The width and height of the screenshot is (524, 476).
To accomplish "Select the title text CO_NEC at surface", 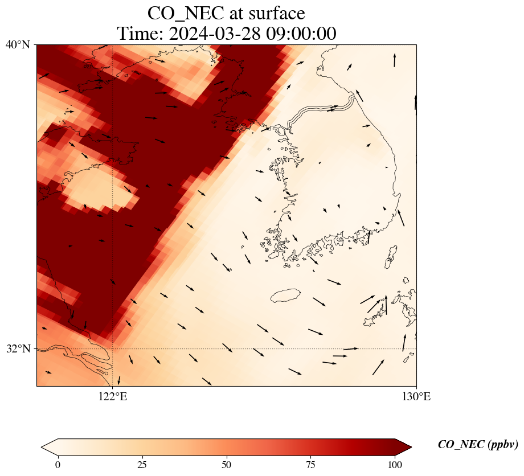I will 226,13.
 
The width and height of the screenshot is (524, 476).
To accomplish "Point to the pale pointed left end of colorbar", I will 46,448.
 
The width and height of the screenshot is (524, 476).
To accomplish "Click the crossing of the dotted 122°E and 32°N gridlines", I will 113,348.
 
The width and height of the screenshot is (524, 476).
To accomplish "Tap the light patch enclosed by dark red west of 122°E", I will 97,188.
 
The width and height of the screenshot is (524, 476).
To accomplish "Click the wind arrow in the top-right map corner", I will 394,60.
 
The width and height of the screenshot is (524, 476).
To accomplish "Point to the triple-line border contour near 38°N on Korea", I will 319,111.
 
